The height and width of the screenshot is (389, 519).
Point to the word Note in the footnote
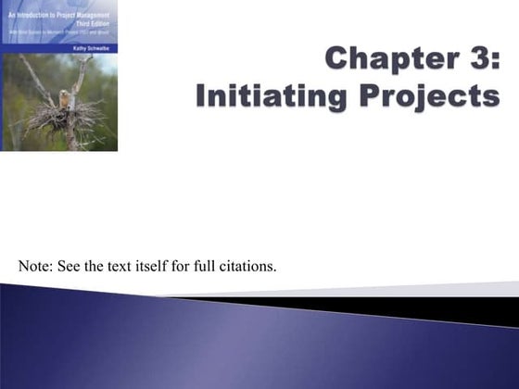tap(35, 268)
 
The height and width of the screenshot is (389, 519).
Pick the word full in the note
tap(205, 268)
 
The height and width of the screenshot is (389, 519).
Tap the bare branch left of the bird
tap(37, 83)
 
